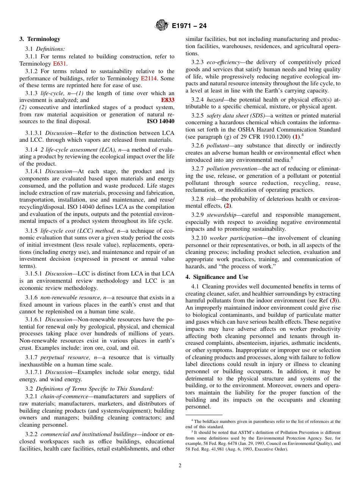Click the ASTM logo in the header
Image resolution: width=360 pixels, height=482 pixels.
click(162, 26)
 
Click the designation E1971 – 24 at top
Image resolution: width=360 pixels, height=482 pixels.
click(189, 26)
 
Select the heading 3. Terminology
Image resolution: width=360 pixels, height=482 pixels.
click(40, 39)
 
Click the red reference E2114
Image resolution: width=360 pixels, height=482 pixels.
click(149, 78)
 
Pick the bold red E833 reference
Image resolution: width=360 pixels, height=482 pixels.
click(167, 100)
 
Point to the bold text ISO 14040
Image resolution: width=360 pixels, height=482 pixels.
click(160, 121)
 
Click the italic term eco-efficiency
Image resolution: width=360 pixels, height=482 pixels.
click(223, 62)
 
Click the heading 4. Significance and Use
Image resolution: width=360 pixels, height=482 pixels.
click(217, 277)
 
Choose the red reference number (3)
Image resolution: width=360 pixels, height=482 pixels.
click(334, 300)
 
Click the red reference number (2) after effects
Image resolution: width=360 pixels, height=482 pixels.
click(227, 206)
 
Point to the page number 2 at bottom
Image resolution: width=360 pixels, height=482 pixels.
click(180, 466)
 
